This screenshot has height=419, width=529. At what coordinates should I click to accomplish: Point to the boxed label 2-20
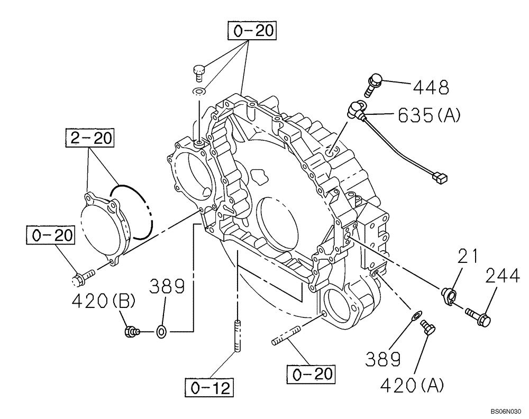pos(89,138)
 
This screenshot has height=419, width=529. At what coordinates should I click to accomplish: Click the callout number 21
pos(467,257)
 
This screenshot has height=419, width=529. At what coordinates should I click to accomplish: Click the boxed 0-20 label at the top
pos(252,31)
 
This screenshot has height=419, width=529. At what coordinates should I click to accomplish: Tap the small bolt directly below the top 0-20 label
pos(198,69)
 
